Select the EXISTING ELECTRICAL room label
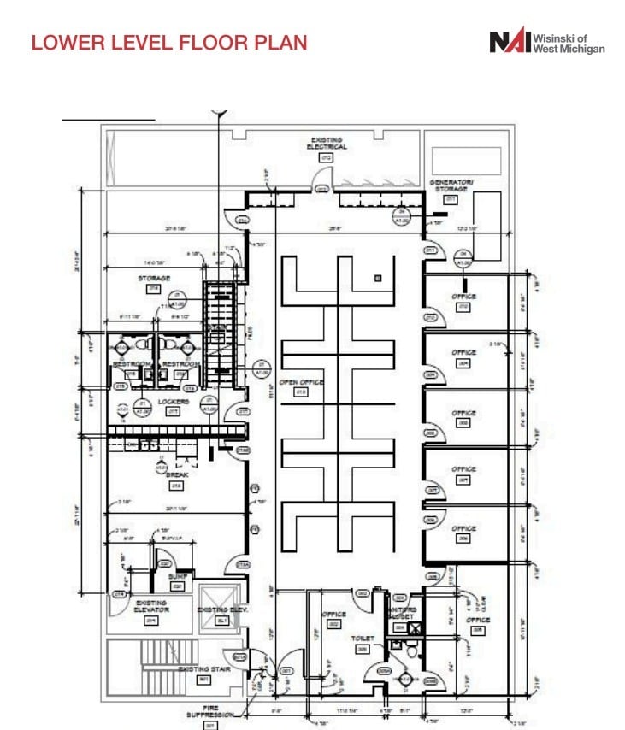click(x=327, y=143)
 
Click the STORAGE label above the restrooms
click(x=154, y=278)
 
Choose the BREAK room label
click(x=177, y=474)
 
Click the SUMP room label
click(x=177, y=577)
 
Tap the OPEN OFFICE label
click(x=300, y=382)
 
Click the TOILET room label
click(x=362, y=637)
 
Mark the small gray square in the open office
click(x=376, y=279)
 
